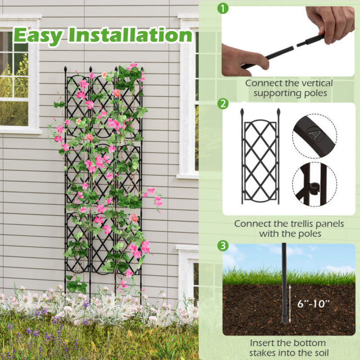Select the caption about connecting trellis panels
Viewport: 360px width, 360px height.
click(289, 229)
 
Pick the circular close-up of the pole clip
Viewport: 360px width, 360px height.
click(314, 184)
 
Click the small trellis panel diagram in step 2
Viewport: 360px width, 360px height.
click(261, 157)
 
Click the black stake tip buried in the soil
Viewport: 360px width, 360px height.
click(284, 319)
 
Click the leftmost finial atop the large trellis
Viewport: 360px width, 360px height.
click(66, 70)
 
